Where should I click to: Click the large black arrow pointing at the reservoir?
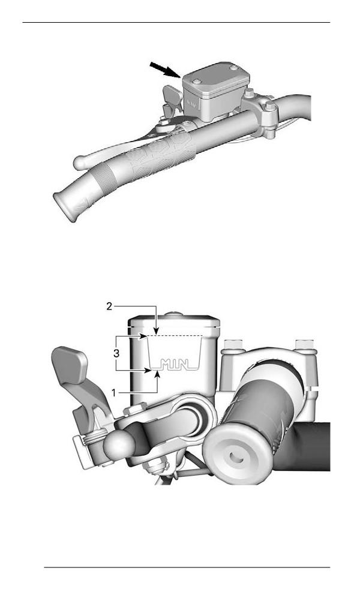pos(164,70)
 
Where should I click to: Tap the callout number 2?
pos(110,306)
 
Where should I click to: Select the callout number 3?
pos(116,353)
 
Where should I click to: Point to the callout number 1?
pos(114,392)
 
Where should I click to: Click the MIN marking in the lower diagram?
pos(174,364)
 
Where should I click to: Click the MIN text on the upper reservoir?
pos(192,103)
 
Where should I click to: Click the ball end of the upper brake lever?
pos(80,162)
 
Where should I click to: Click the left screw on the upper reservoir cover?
pos(197,82)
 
